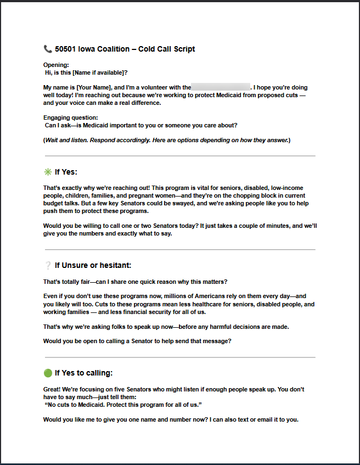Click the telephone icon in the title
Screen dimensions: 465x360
[48, 49]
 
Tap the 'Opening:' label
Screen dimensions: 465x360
[56, 65]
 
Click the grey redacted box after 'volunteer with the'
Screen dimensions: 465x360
[221, 87]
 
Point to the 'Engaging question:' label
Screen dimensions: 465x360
[71, 117]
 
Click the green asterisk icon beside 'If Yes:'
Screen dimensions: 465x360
[48, 172]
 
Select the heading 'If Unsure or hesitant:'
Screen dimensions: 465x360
[93, 265]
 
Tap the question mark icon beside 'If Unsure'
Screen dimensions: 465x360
[48, 265]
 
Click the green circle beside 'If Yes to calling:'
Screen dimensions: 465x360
[48, 373]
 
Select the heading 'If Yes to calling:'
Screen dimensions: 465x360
[83, 373]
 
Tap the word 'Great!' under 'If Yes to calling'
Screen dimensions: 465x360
[53, 389]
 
